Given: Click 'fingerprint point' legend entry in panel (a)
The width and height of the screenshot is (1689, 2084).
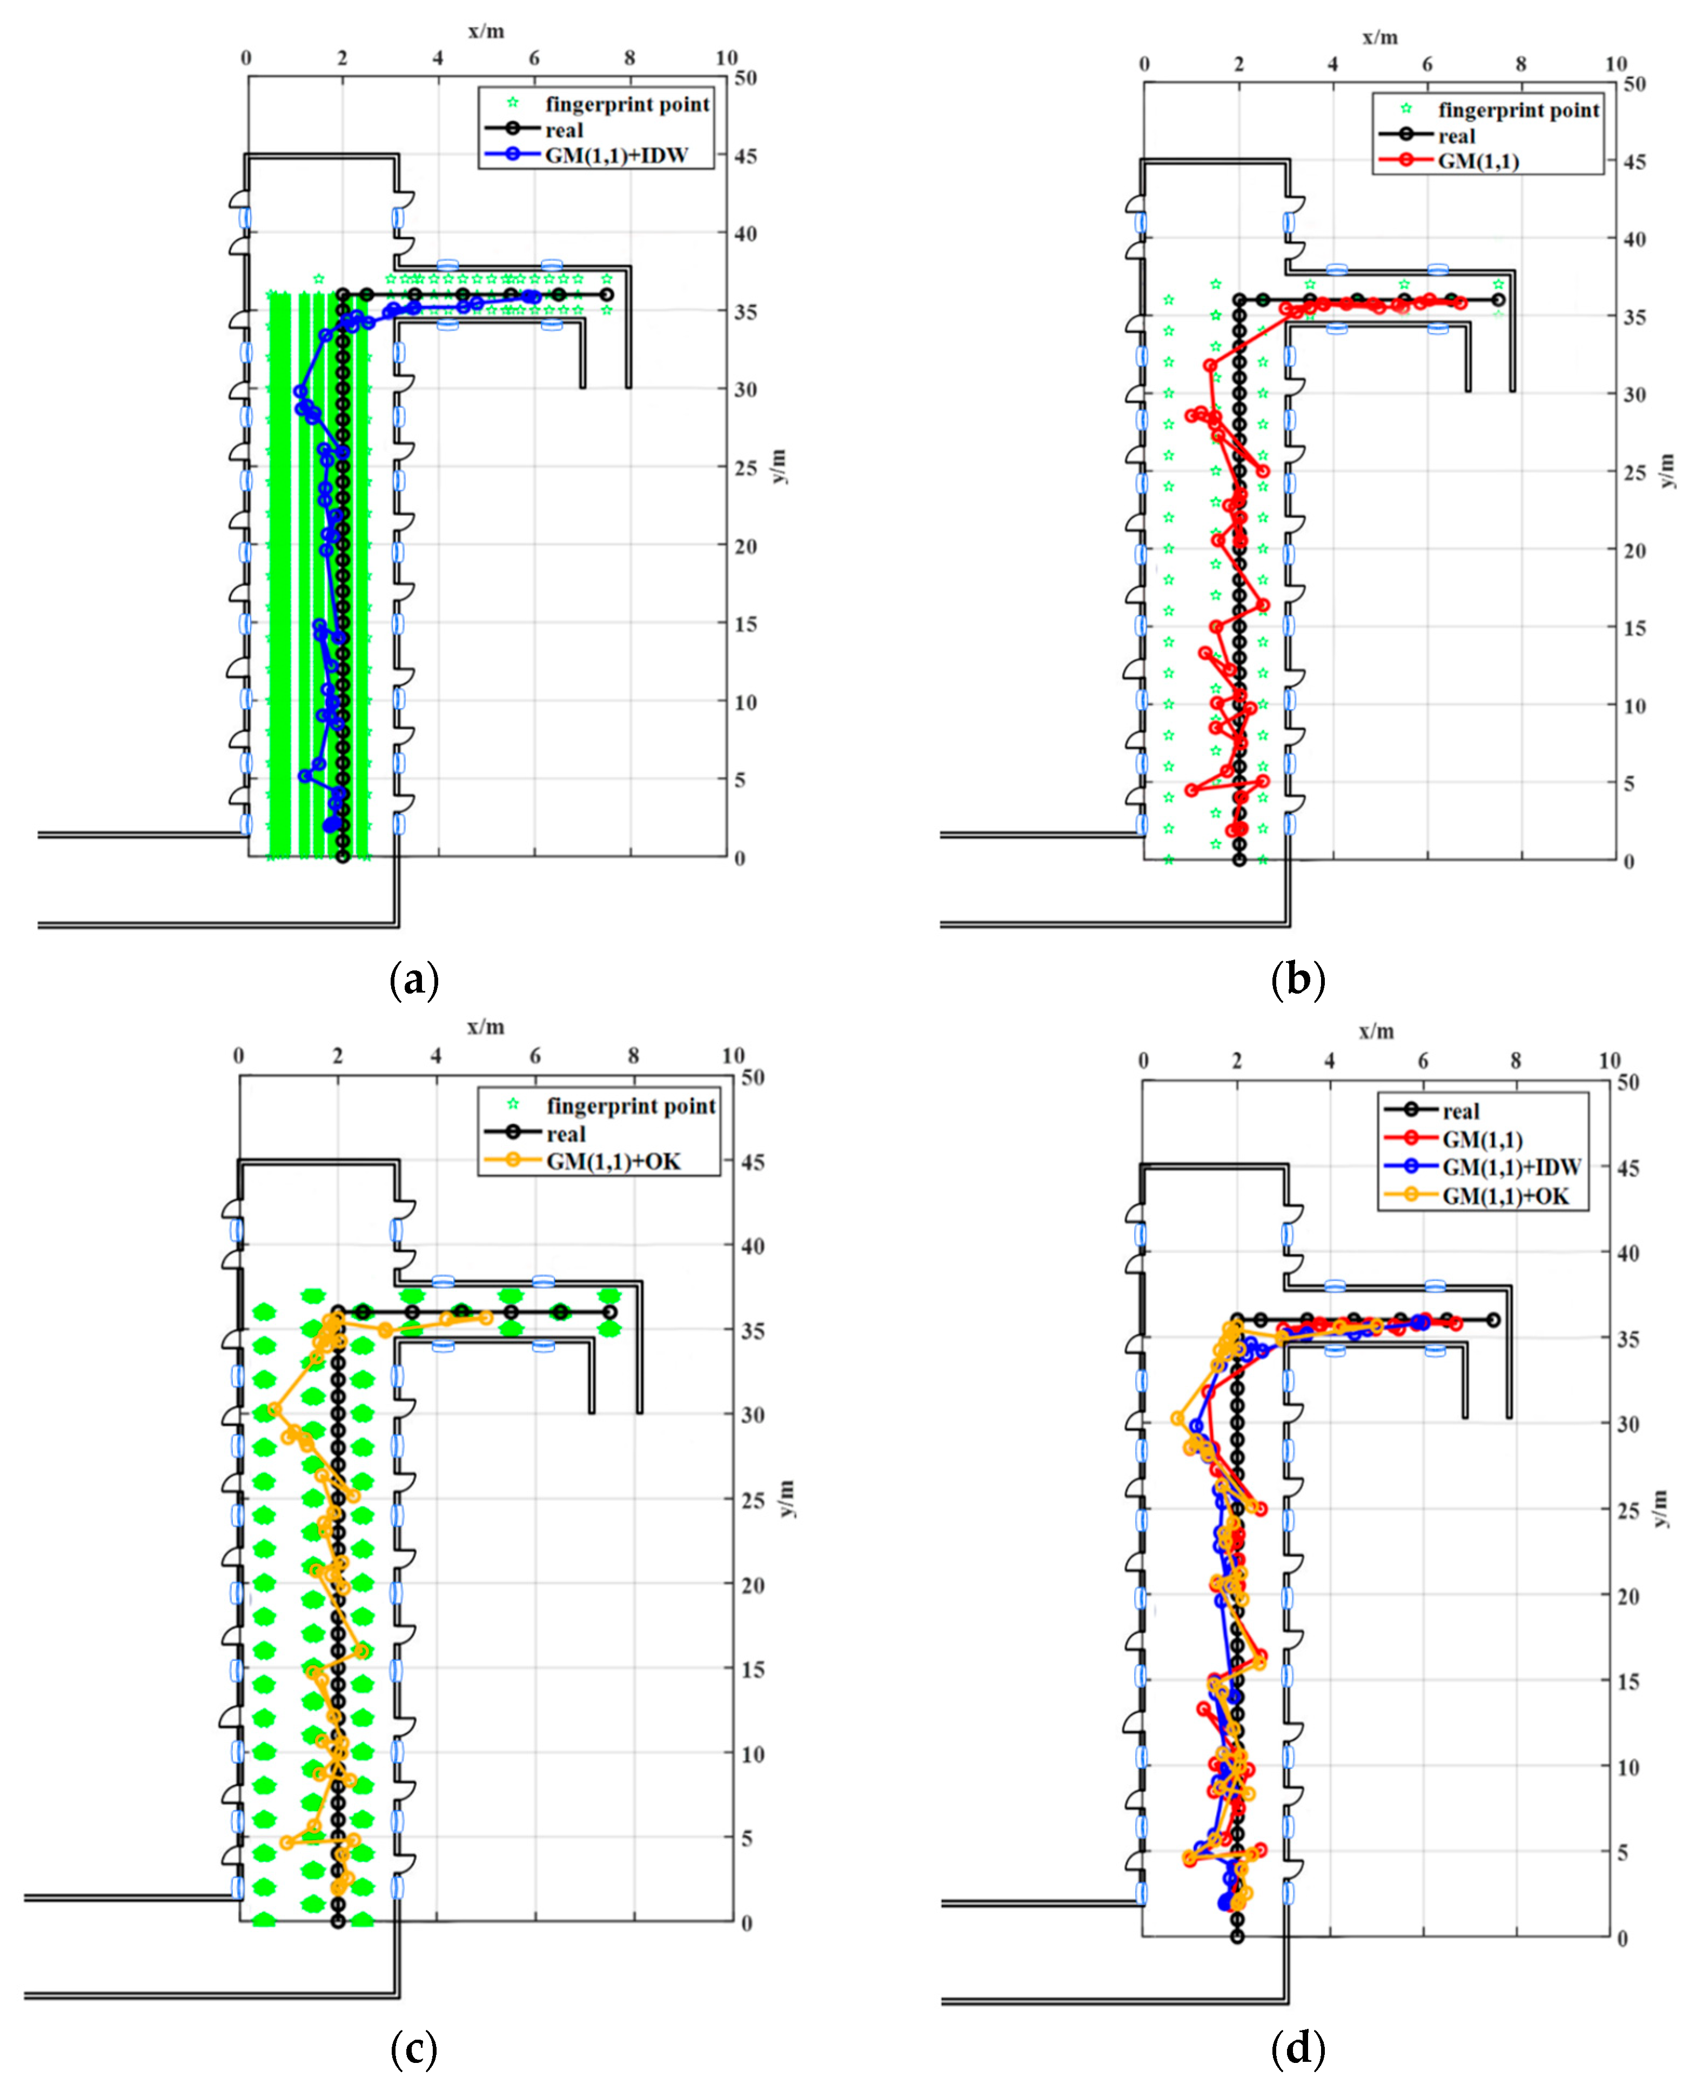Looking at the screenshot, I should coord(627,104).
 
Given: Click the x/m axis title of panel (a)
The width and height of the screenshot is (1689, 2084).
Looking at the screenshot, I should coord(486,31).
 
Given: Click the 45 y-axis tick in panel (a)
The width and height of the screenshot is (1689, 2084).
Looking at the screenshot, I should coord(746,156).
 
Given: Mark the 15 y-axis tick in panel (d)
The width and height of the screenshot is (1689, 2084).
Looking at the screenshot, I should coord(1628,1681).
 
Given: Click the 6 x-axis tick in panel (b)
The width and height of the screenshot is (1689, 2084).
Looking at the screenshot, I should coord(1427,64).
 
